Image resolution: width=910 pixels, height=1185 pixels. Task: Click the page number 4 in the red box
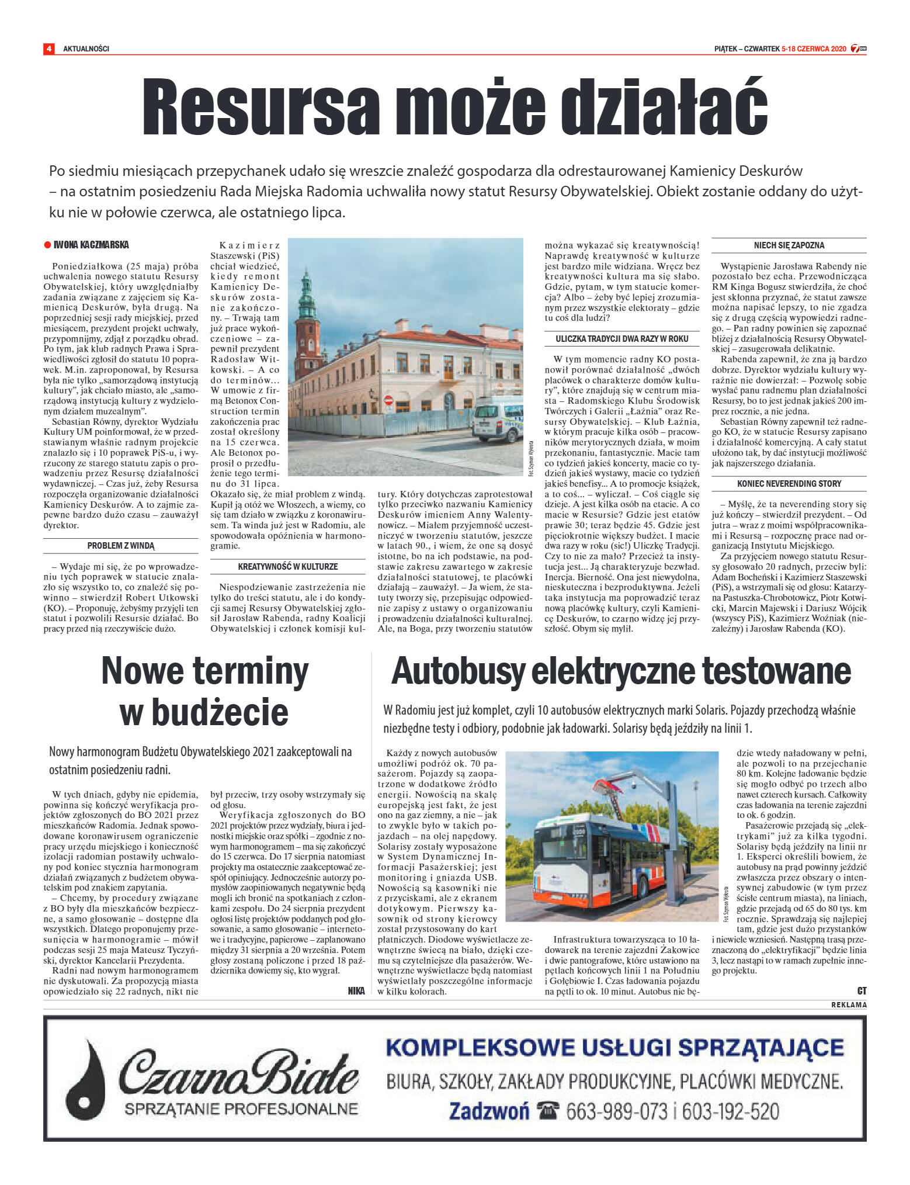click(x=49, y=49)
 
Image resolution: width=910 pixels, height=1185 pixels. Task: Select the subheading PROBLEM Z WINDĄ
click(x=121, y=546)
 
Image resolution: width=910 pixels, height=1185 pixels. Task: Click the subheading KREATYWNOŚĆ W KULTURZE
click(x=287, y=566)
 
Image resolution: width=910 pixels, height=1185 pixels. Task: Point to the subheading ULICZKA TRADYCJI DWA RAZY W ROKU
click(x=621, y=339)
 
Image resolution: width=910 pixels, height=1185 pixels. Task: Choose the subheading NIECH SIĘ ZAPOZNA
click(x=789, y=245)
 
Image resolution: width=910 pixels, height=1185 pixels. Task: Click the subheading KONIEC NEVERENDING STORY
click(x=789, y=484)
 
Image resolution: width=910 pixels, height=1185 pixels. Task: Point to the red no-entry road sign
click(x=388, y=400)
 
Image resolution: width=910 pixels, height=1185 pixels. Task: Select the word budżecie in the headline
click(x=204, y=712)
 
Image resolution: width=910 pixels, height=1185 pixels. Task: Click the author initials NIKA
click(x=356, y=990)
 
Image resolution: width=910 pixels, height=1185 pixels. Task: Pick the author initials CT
click(x=862, y=990)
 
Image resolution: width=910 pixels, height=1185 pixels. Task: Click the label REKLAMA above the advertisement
click(x=849, y=1004)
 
